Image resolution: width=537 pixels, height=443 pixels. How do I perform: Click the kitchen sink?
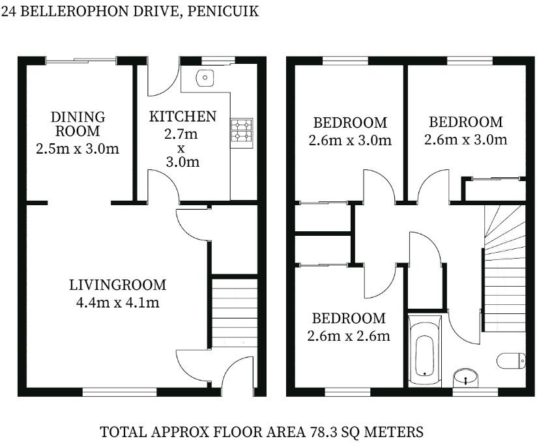[x=205, y=78]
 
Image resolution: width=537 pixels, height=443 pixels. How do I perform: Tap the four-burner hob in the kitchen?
[x=242, y=130]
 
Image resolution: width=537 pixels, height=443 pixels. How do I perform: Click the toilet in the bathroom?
[x=511, y=361]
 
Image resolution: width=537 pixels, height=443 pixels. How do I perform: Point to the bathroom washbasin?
[x=466, y=378]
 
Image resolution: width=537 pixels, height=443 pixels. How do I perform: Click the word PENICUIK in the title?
[x=223, y=11]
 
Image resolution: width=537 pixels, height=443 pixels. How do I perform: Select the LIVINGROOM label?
[x=117, y=285]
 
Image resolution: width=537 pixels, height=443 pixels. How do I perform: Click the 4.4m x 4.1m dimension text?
[x=117, y=303]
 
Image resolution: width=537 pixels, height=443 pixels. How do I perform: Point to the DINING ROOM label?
[x=78, y=124]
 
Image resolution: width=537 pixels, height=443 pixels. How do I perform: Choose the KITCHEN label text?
[x=182, y=117]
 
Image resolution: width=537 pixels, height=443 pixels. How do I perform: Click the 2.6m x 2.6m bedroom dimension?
[x=349, y=336]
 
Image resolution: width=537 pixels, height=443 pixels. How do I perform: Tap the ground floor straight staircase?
[x=235, y=313]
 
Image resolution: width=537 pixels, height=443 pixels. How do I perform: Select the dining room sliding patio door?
[x=81, y=61]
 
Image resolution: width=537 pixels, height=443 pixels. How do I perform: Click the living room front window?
[x=119, y=392]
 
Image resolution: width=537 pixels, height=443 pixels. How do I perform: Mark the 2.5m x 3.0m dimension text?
[x=78, y=149]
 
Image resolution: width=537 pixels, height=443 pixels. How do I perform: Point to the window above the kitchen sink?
[x=218, y=61]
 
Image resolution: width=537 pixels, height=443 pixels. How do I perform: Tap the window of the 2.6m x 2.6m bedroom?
[x=347, y=392]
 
